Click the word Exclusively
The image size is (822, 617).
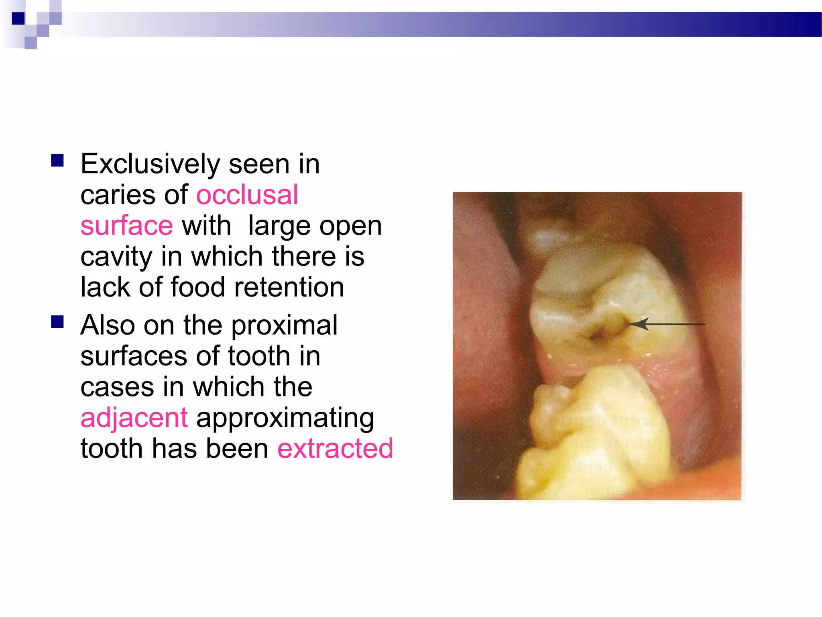[150, 165]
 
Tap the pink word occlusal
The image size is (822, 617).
[247, 195]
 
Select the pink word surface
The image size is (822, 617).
[126, 226]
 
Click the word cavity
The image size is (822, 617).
[116, 257]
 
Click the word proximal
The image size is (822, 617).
[284, 325]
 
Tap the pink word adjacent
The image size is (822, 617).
[134, 418]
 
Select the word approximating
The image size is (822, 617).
[285, 418]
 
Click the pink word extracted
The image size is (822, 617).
[335, 449]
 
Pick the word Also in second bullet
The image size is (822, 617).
[108, 325]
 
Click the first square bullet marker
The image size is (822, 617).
[57, 161]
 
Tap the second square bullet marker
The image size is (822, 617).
[57, 322]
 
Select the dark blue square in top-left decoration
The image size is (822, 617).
[18, 18]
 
